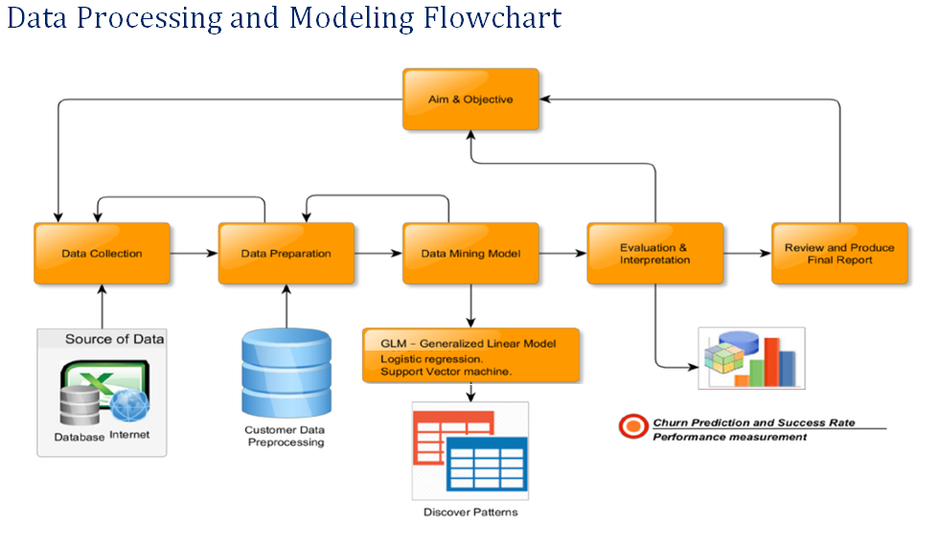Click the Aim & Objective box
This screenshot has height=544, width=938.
point(470,100)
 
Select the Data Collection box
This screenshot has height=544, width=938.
point(102,254)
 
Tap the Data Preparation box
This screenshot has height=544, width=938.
point(286,254)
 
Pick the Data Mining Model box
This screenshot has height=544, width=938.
point(470,254)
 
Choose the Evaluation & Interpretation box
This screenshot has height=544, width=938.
point(655,254)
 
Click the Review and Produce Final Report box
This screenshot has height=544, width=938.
point(840,254)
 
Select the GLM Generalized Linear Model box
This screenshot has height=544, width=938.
point(470,355)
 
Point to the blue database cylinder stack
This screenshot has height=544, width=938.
point(286,373)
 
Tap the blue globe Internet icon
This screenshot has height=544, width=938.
point(129,406)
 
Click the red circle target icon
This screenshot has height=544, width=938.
point(633,427)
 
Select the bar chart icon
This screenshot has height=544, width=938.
point(752,358)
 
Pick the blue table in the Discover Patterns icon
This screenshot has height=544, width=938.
point(487,464)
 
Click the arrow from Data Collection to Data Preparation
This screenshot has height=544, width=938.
point(194,254)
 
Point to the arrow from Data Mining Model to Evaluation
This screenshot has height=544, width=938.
point(563,254)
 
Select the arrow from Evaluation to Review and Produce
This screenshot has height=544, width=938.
point(747,254)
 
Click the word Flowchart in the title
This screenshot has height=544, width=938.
point(492,17)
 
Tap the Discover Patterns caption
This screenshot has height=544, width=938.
point(470,512)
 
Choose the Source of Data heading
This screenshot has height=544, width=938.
point(114,339)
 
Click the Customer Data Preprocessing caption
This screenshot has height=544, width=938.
point(286,437)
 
